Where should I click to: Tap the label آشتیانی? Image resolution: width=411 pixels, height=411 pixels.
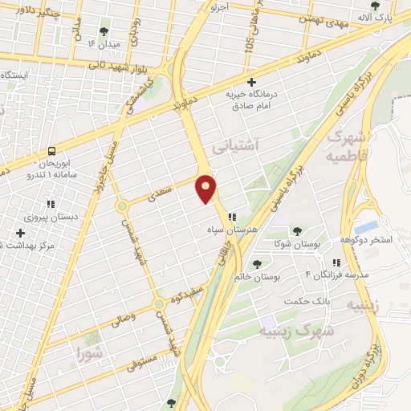tap(235, 148)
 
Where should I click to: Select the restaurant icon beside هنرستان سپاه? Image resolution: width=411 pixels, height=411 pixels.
tap(232, 217)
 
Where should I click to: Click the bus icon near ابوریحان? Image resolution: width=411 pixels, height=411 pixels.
tap(52, 150)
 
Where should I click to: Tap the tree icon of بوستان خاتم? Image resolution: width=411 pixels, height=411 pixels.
tap(257, 263)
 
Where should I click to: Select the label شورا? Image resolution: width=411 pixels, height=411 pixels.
tap(91, 352)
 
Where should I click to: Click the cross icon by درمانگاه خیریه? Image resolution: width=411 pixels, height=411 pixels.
tap(252, 82)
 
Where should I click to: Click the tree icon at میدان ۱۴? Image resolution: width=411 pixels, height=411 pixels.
tap(104, 31)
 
